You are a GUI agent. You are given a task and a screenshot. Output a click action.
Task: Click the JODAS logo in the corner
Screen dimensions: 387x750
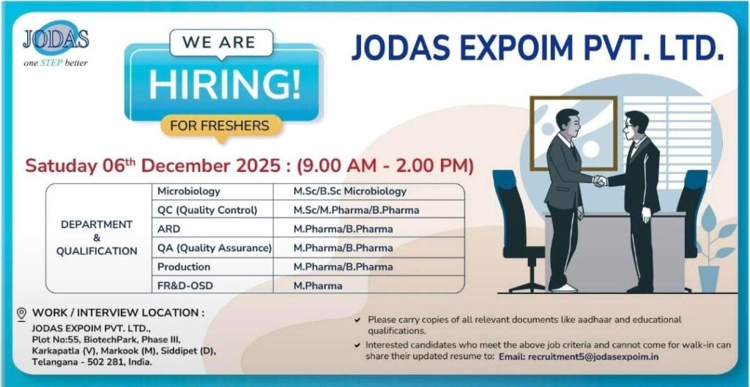tap(55, 45)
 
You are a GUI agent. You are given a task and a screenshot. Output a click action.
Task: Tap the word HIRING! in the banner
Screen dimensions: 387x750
tap(224, 84)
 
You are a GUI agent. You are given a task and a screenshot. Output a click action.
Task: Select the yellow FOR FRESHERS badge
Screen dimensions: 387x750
tap(219, 125)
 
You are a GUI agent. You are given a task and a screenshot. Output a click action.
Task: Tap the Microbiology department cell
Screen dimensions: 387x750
tap(189, 191)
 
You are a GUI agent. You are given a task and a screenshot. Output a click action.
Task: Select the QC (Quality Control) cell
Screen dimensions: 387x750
tap(207, 210)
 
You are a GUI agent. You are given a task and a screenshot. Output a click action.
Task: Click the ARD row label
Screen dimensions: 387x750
tap(168, 229)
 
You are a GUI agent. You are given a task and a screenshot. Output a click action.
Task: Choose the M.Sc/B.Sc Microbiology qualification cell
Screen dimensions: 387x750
tap(349, 191)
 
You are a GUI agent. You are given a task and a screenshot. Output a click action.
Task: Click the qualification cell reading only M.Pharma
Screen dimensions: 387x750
tap(318, 286)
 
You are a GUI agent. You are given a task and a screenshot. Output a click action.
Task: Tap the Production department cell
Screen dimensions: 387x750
tap(184, 267)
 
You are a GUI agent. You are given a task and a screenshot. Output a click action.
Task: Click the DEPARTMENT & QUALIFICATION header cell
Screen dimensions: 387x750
tap(97, 238)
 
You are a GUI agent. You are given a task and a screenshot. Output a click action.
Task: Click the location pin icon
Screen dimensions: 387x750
tap(21, 314)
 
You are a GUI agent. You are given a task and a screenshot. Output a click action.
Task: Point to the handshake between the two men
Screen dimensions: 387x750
tap(600, 180)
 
